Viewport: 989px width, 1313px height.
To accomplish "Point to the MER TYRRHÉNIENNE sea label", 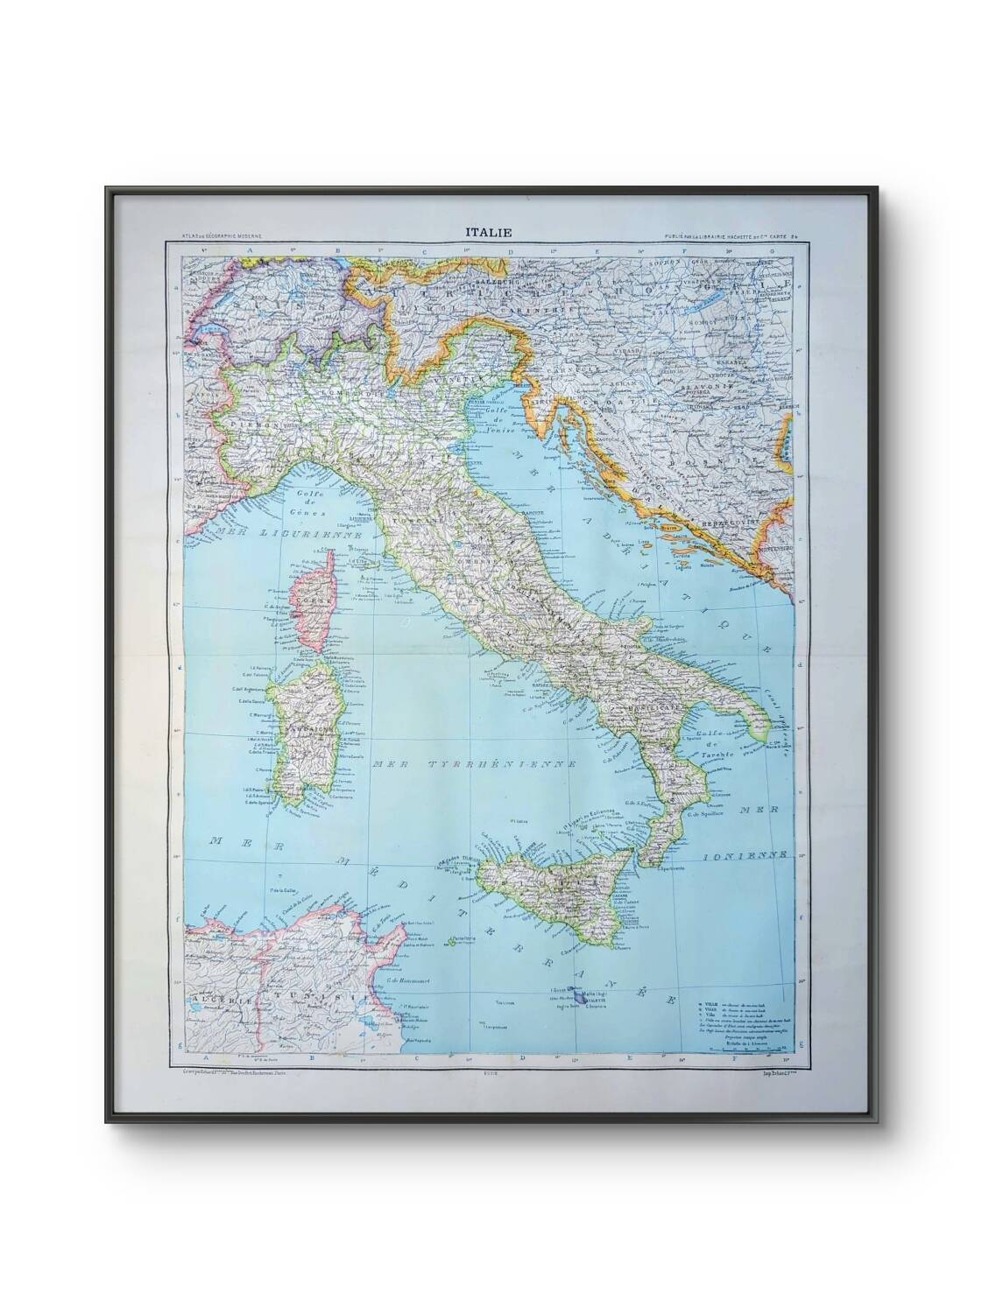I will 474,763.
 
